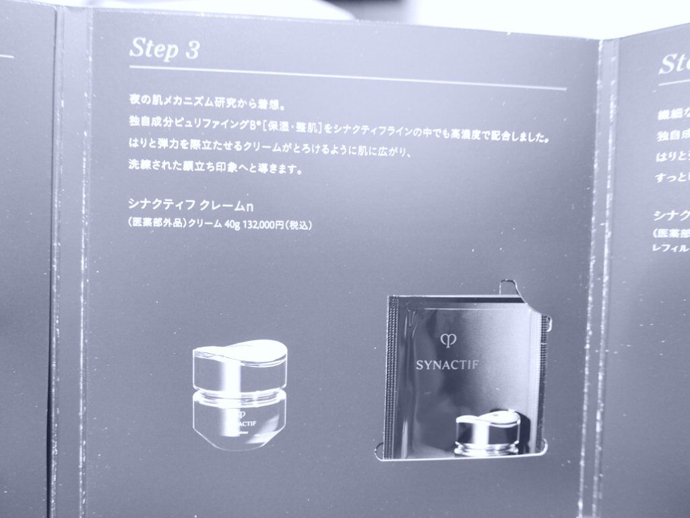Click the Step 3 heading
tap(164, 48)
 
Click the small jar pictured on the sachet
tap(487, 431)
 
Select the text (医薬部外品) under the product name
tap(154, 225)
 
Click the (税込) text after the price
tap(297, 225)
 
